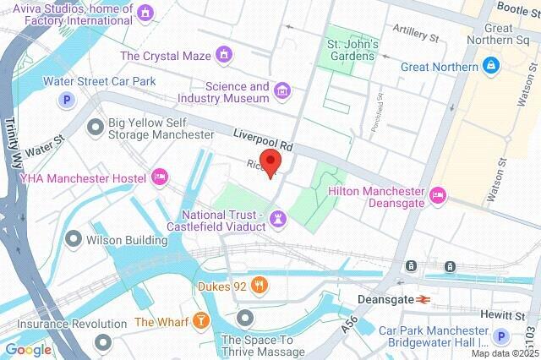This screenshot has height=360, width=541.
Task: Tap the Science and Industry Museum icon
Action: (282, 90)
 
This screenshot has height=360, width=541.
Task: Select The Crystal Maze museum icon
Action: (224, 56)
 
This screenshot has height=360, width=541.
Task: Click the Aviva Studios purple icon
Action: (147, 13)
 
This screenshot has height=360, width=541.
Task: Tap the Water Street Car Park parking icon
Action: (64, 101)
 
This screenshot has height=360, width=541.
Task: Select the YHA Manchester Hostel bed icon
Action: (158, 177)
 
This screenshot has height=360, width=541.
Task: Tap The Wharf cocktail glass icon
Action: (200, 321)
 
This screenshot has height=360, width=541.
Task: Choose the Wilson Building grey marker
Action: (74, 240)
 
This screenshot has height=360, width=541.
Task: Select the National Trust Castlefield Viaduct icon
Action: (278, 220)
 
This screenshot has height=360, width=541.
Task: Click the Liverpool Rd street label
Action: (263, 137)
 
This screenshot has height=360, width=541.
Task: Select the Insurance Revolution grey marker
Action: (103, 341)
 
